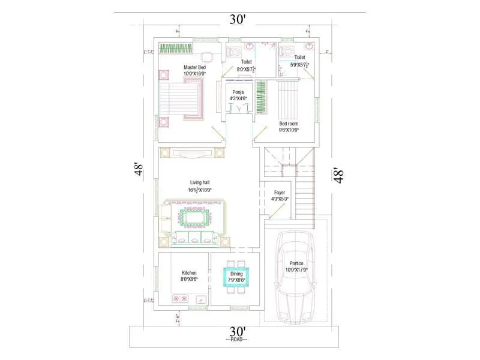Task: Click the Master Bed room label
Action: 194,67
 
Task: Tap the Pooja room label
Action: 238,92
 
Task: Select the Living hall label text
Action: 200,182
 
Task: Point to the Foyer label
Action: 280,193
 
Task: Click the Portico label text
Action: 296,263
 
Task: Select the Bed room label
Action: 289,124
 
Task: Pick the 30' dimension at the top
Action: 238,19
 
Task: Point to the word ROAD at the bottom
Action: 238,340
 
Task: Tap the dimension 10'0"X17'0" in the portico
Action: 296,270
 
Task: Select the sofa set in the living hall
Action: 193,221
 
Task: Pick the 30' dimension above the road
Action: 238,331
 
